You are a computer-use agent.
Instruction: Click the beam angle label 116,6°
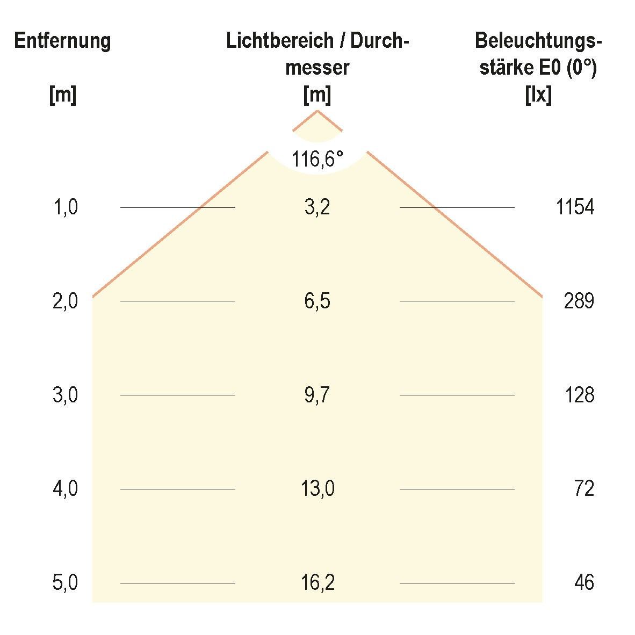317,159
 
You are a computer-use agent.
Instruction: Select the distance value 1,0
66,207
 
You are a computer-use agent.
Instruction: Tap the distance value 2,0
66,301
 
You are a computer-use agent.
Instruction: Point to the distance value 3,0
66,395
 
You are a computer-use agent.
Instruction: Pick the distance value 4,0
66,489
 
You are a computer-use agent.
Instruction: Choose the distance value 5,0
66,583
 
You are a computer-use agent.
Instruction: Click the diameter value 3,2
317,207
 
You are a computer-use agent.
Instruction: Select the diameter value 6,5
317,301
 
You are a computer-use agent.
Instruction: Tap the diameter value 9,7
317,395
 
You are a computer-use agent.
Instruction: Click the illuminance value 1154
575,207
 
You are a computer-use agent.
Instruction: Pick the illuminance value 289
579,301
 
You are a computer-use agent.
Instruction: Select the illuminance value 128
579,395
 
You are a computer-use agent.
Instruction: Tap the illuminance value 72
583,489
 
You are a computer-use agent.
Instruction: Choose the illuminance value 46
583,583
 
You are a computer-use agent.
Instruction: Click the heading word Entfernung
62,41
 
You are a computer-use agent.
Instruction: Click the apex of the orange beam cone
317,111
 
